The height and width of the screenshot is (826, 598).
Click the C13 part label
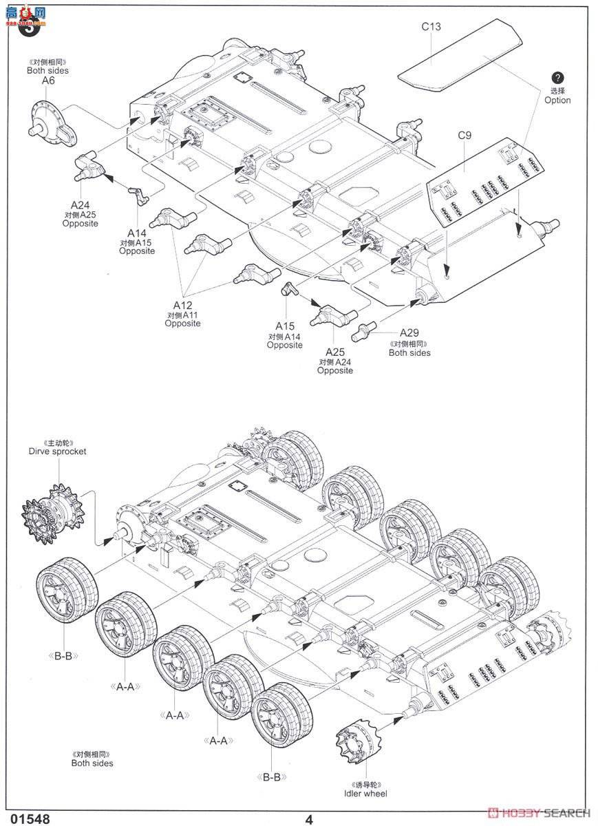click(431, 27)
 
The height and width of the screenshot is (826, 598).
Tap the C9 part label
click(464, 135)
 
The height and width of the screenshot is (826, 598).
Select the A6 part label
click(47, 81)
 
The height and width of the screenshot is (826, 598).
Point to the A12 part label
click(182, 305)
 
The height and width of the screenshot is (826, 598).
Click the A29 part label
click(409, 331)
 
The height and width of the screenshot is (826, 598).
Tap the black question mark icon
click(557, 78)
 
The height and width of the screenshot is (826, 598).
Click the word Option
click(557, 100)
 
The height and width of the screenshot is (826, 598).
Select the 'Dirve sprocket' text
click(58, 452)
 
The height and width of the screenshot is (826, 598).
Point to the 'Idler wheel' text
click(366, 794)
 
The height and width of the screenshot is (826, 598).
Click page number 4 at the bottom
click(309, 819)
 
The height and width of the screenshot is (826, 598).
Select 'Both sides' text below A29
click(409, 352)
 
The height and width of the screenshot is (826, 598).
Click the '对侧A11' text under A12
click(182, 315)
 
